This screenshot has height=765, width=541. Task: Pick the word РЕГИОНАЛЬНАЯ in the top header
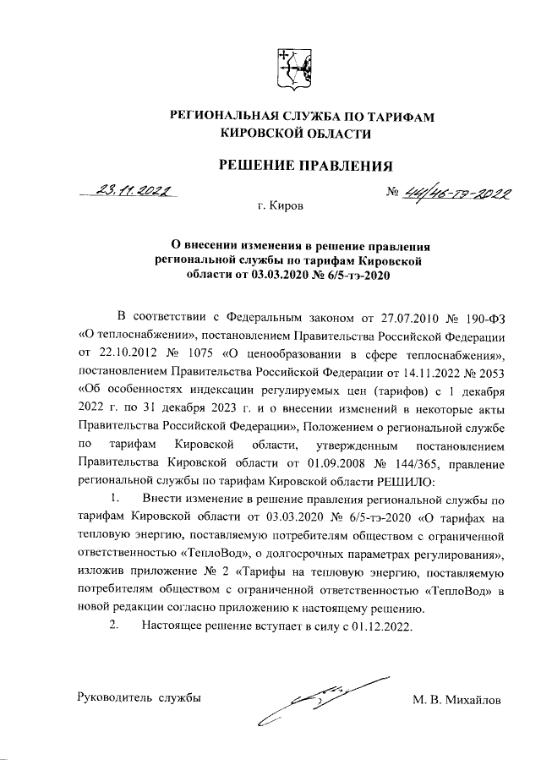[222, 117]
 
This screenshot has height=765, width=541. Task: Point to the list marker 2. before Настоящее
[116, 626]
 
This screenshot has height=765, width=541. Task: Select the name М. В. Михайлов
[456, 700]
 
